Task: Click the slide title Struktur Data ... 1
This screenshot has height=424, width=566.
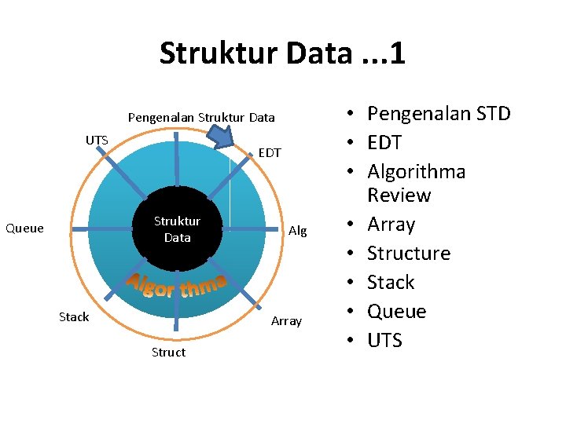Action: pos(281,53)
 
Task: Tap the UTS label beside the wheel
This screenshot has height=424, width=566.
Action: pos(97,140)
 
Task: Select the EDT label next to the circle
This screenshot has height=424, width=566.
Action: pos(270,152)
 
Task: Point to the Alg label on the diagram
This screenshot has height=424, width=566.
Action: pos(297,230)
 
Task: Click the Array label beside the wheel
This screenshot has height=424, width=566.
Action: pos(286,320)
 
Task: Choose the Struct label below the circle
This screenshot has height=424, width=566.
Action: pos(168,352)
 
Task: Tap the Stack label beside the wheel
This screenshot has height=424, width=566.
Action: pos(74,316)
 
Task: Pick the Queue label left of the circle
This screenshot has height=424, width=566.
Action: pos(24,228)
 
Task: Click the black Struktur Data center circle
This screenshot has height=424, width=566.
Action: pos(177,228)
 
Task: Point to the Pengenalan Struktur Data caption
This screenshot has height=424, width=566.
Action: pos(201,117)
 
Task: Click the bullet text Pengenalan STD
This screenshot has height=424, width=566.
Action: pos(439,114)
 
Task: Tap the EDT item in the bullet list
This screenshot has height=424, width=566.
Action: pos(384,143)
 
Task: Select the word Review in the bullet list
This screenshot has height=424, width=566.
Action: pos(399,196)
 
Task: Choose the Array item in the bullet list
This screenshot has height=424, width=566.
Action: pos(391,225)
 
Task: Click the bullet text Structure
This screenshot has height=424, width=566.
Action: pos(409,254)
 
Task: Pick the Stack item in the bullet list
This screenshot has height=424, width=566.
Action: pos(391,283)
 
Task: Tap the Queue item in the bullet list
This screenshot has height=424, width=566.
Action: pos(397,312)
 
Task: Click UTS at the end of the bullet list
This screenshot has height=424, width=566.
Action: pos(384,341)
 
